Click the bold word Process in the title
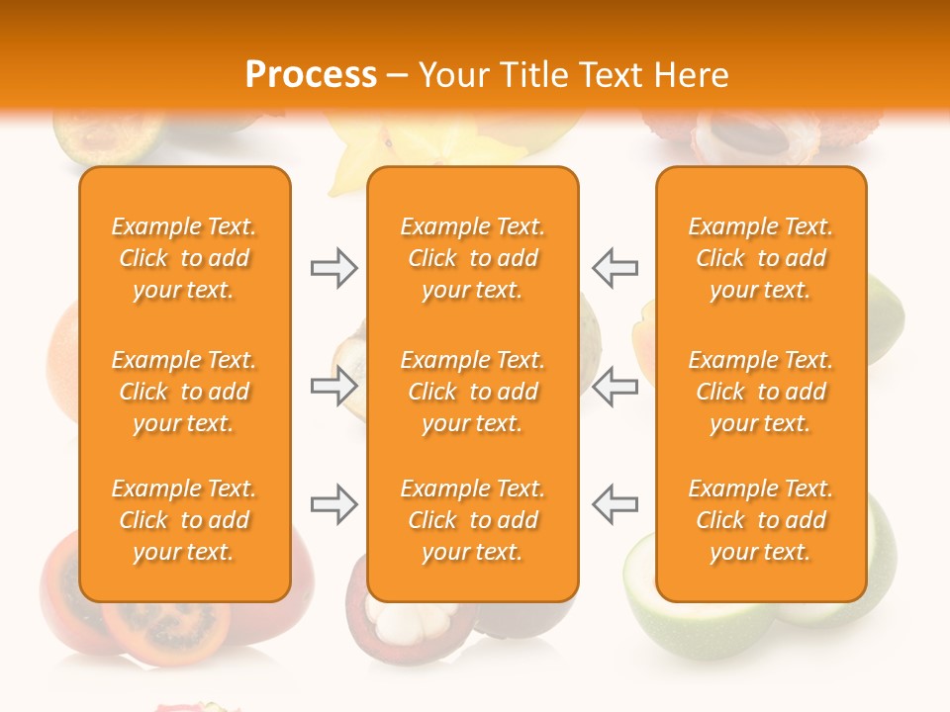click(311, 75)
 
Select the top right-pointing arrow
click(333, 268)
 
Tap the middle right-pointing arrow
click(333, 386)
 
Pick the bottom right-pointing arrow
click(333, 504)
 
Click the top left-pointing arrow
click(615, 268)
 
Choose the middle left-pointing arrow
click(615, 386)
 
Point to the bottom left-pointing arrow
click(615, 504)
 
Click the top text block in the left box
click(184, 258)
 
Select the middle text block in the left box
click(184, 392)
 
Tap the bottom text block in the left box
click(184, 520)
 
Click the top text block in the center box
click(473, 258)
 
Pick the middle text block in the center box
click(473, 392)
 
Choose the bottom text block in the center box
click(473, 520)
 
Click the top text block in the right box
click(761, 258)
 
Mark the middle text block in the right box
click(761, 392)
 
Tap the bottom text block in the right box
click(761, 520)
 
